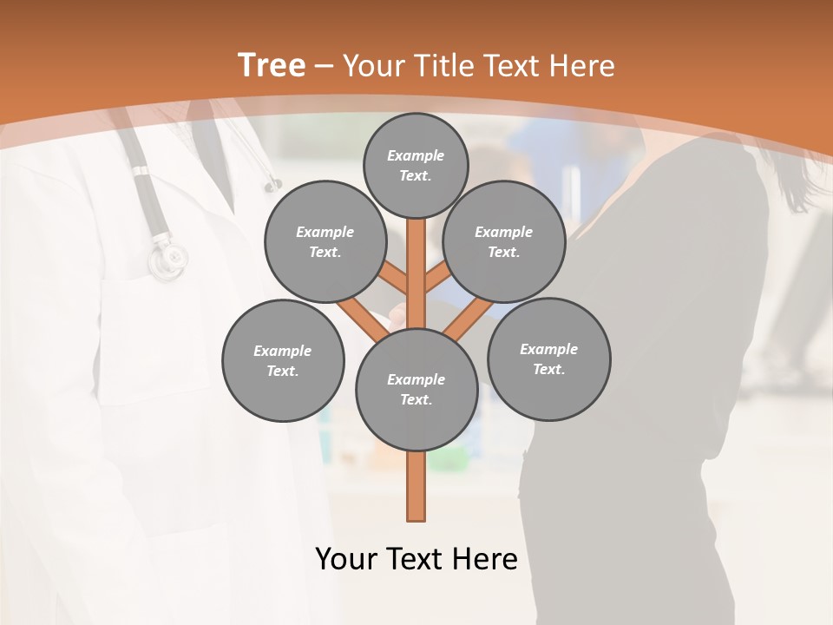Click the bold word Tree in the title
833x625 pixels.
click(272, 66)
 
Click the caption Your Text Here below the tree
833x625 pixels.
click(416, 559)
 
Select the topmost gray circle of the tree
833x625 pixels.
click(416, 165)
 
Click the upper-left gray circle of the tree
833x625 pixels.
click(325, 241)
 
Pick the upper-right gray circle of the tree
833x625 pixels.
click(503, 241)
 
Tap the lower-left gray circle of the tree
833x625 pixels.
click(282, 360)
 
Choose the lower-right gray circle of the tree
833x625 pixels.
click(548, 359)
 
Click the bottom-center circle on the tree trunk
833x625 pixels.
click(416, 389)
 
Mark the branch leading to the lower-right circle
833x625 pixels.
click(469, 316)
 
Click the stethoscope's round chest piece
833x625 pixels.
click(167, 259)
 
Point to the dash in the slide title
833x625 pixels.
click(325, 67)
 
